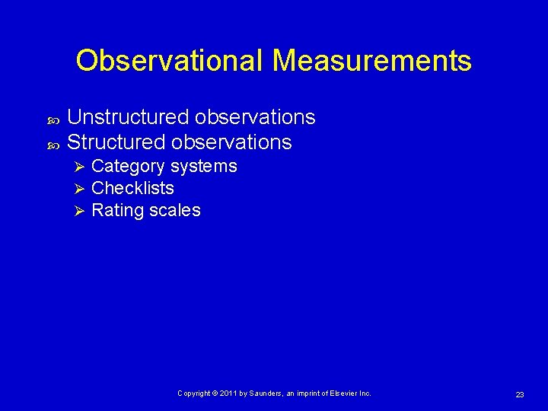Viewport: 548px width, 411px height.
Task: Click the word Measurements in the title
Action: [371, 61]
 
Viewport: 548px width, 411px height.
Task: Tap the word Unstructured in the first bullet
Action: [128, 117]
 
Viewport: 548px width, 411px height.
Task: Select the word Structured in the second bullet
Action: [116, 142]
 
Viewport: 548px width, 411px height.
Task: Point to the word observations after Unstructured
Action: [255, 117]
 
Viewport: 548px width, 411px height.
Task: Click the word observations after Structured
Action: [231, 142]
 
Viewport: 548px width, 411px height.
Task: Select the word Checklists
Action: [132, 188]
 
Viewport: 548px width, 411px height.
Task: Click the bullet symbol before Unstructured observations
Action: [51, 119]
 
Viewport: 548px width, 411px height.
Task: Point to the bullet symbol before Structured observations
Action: [51, 144]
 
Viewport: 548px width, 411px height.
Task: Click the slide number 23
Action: [520, 394]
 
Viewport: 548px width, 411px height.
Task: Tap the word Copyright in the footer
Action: [193, 393]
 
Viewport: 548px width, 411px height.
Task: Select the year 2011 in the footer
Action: [231, 393]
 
